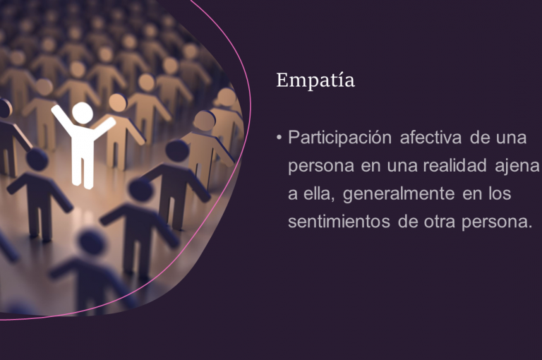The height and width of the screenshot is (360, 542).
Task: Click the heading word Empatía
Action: coord(315,81)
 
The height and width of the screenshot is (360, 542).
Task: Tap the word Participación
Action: coord(339,138)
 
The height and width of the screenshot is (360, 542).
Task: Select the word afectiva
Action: coord(430,137)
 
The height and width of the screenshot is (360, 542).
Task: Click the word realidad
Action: coord(455,165)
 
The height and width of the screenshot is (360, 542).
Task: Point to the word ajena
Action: coord(517,166)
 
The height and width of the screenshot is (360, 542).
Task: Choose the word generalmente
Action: coord(399,194)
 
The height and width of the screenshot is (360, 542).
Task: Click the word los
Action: coord(500,193)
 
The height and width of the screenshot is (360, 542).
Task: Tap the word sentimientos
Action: coord(339,222)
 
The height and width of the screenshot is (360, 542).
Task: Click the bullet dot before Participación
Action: coord(279,138)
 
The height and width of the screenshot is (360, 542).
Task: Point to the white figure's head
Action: coord(83,113)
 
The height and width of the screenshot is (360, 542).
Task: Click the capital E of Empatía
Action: coord(283,80)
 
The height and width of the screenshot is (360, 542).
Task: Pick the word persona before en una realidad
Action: coord(321,167)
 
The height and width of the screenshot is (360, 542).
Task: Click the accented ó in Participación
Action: coord(375,137)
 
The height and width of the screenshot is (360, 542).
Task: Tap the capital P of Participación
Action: coord(294,138)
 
